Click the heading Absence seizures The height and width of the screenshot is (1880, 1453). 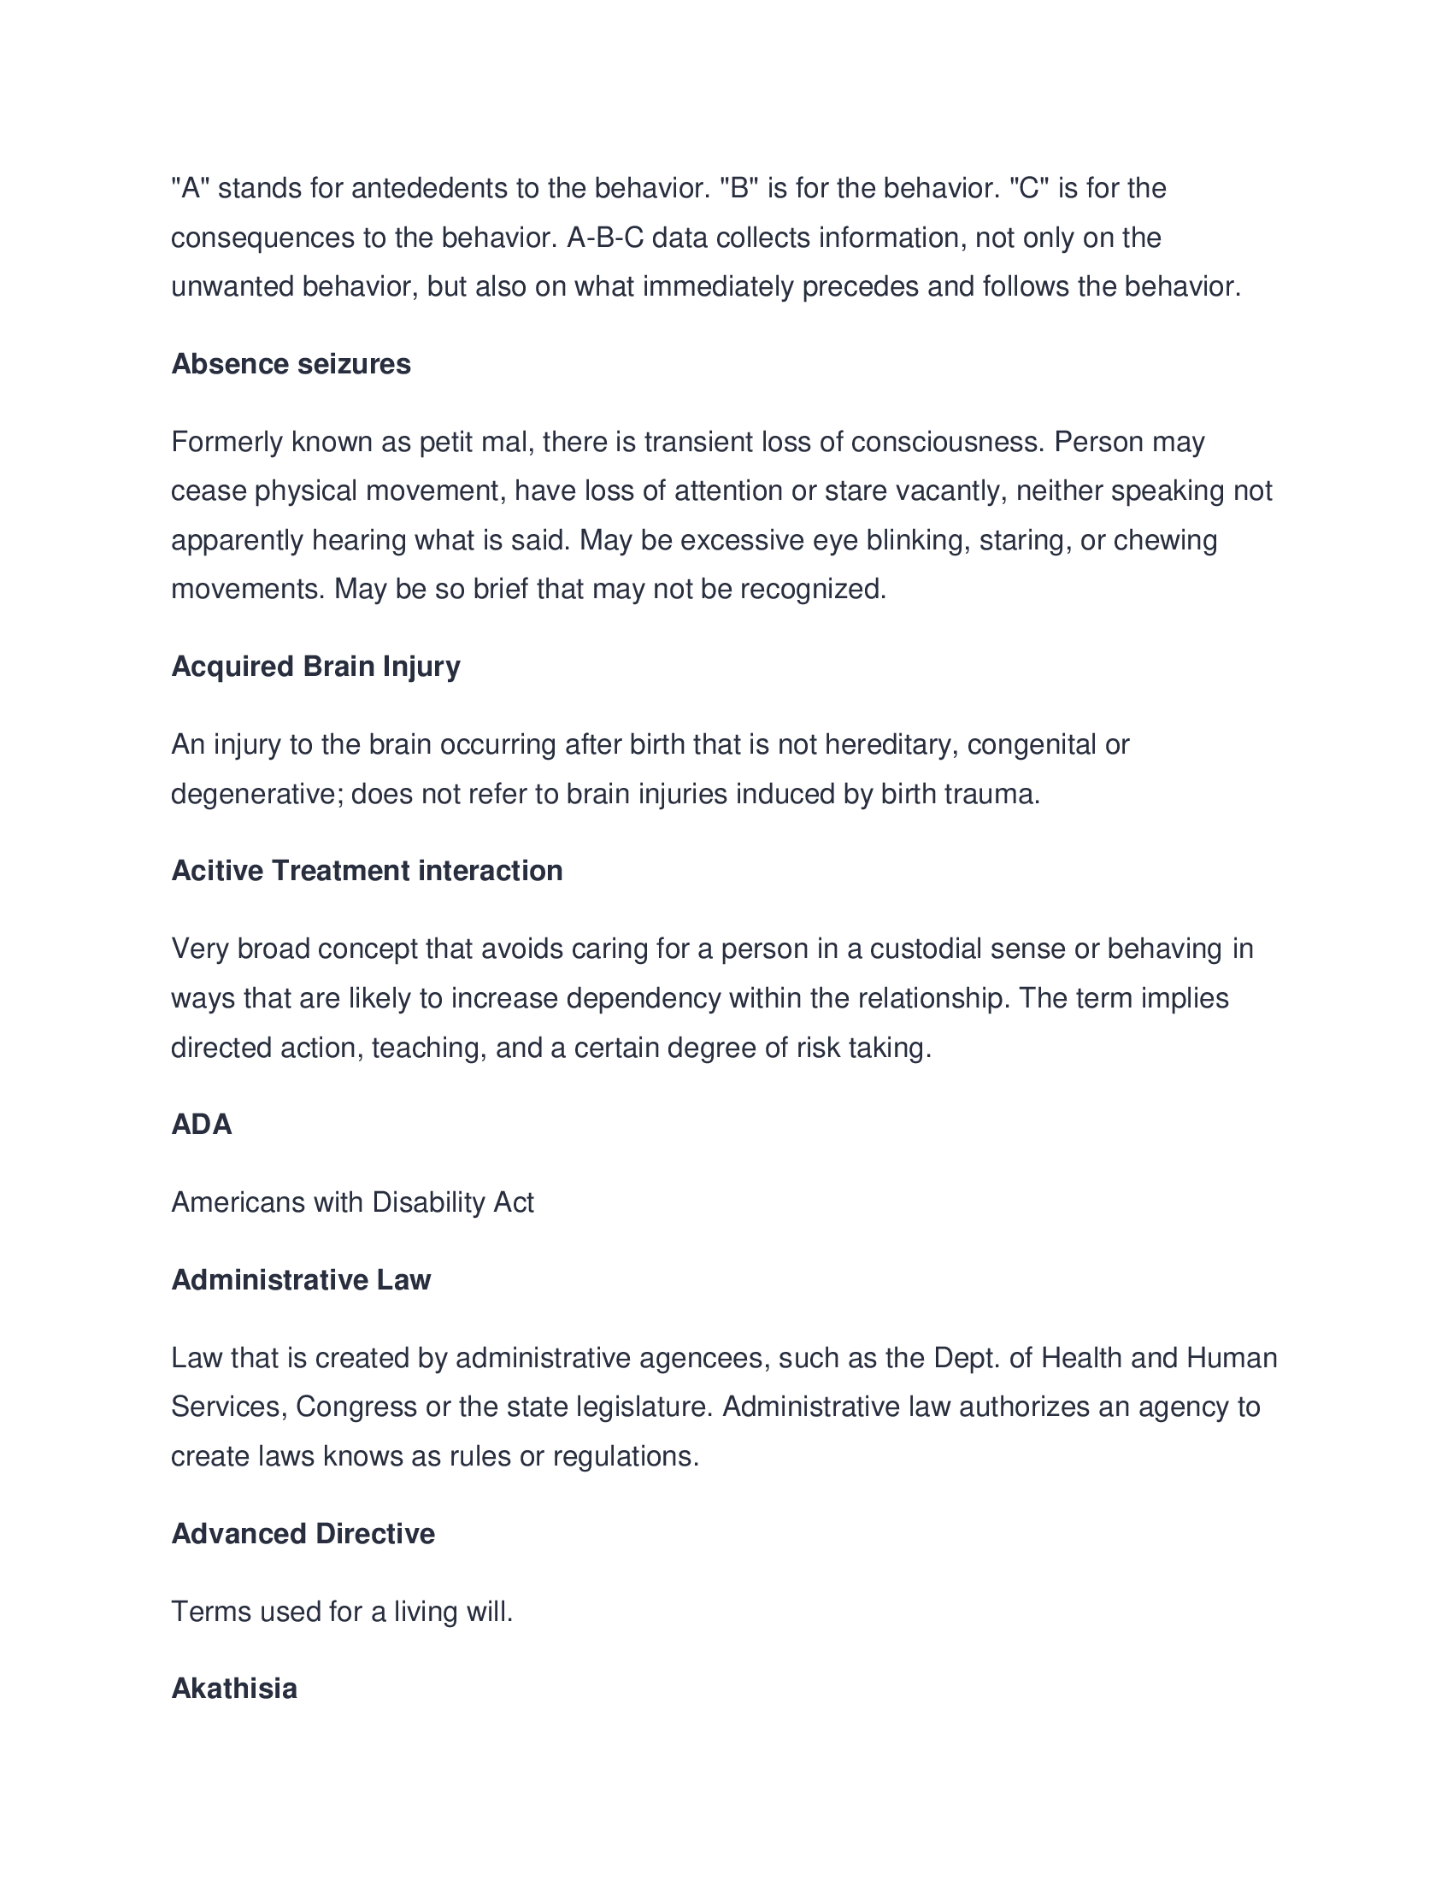(291, 364)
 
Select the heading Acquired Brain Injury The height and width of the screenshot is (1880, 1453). (315, 667)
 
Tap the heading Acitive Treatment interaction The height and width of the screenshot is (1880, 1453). (367, 870)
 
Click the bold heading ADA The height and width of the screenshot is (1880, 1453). (202, 1125)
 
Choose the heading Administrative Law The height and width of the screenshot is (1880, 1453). (300, 1280)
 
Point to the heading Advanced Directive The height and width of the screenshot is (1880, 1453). (303, 1533)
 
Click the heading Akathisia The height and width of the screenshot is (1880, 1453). (234, 1688)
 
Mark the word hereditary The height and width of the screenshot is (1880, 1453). (891, 743)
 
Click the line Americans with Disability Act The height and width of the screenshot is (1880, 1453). (352, 1201)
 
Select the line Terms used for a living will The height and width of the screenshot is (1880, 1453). (342, 1611)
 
